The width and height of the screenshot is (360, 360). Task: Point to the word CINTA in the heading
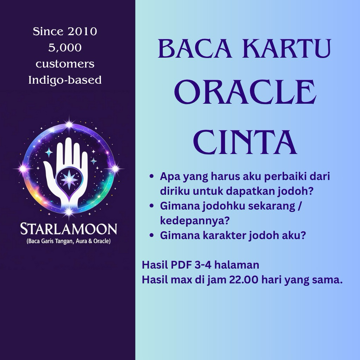245,142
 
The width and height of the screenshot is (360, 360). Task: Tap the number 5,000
65,48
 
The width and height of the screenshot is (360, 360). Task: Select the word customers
65,64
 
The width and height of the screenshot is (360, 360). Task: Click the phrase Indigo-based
65,80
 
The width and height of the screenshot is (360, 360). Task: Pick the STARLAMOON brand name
69,229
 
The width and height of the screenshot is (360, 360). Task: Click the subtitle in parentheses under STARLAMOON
69,242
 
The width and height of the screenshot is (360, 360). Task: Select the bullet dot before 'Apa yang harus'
152,176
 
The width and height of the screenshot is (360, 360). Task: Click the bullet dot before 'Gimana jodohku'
152,206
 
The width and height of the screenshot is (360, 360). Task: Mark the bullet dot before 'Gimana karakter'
152,236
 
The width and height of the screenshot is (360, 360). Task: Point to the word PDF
179,265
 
